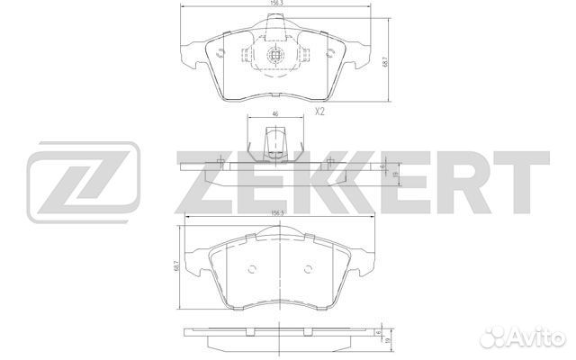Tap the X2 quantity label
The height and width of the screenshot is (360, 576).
[319, 112]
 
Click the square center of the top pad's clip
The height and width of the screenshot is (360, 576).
[276, 56]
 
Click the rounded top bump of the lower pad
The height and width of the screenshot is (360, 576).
[280, 237]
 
